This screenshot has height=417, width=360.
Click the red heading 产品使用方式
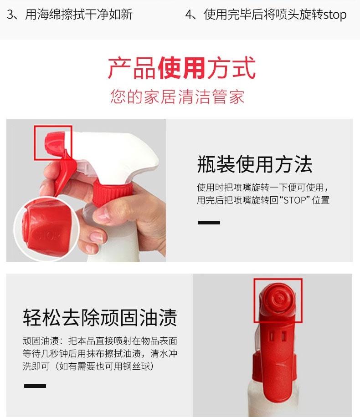click(x=182, y=68)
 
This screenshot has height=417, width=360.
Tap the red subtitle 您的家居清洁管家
click(x=177, y=96)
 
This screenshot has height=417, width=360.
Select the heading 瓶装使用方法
click(x=255, y=164)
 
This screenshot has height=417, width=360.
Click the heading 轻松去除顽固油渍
click(x=100, y=317)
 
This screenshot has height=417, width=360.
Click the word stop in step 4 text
click(x=335, y=15)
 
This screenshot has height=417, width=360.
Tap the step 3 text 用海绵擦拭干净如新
click(x=79, y=15)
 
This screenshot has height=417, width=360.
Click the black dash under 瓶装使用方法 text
click(x=209, y=222)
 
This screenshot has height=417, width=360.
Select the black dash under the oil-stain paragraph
click(x=35, y=386)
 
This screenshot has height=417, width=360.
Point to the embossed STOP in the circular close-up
click(x=47, y=236)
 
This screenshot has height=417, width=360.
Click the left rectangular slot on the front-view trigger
click(x=272, y=336)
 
